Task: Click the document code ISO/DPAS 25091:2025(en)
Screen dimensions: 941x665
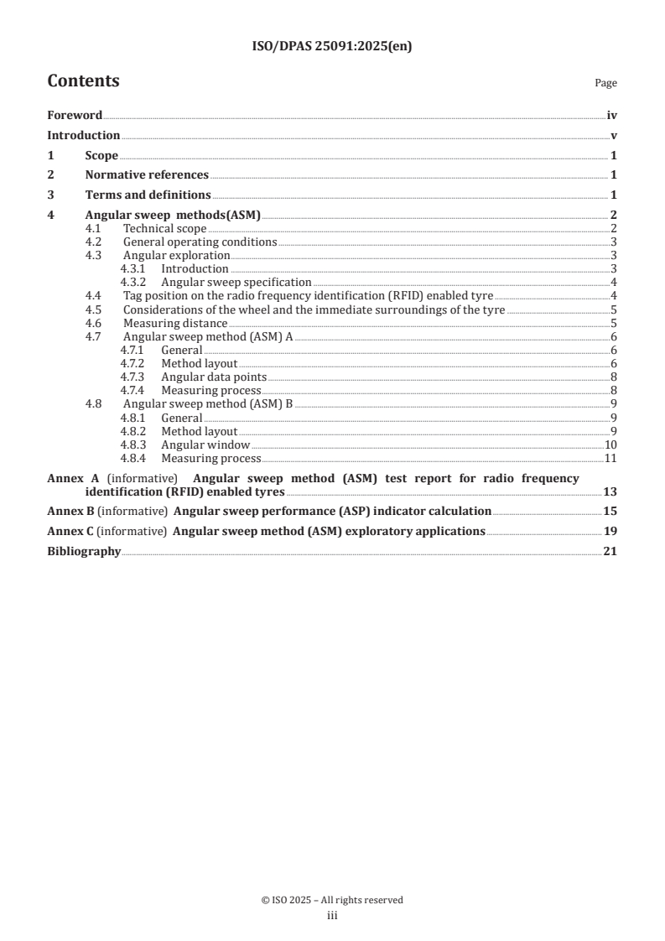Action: click(332, 47)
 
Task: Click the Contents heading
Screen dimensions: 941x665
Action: click(83, 81)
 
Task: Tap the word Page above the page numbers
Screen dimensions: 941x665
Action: click(605, 84)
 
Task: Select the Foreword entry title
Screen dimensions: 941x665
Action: click(75, 116)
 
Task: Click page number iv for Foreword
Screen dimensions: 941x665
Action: click(611, 116)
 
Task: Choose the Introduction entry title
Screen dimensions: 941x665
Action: click(83, 136)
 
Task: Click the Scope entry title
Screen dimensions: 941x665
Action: click(101, 156)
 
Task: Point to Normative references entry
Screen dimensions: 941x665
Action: click(147, 175)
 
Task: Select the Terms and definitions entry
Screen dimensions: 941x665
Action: click(148, 195)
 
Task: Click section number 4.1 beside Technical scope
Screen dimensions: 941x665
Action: click(95, 229)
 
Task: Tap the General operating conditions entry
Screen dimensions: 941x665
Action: click(200, 242)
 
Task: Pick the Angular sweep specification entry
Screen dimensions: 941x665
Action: click(236, 283)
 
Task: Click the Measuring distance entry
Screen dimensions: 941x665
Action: click(174, 323)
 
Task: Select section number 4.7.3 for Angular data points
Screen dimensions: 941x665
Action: click(132, 377)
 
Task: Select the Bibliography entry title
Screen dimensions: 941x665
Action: click(84, 552)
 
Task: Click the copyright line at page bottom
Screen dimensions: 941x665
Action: click(332, 901)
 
